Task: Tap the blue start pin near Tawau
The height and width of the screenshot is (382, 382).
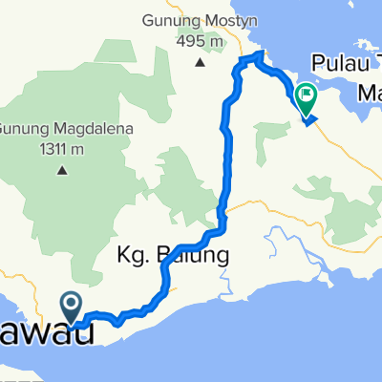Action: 72,308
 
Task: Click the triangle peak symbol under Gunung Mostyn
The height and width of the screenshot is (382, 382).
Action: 200,63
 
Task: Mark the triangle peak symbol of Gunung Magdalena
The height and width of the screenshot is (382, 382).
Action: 62,171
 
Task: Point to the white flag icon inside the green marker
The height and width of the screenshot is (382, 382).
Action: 307,94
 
